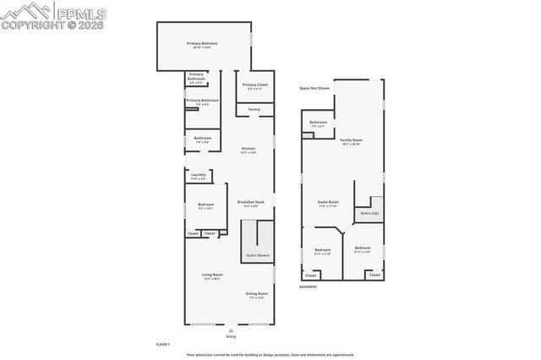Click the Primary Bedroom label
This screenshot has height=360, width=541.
[202, 42]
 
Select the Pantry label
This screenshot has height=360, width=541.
[254, 109]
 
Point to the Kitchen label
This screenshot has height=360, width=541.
[248, 149]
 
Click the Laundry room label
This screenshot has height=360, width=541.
[198, 175]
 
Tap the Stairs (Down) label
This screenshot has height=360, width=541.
[257, 254]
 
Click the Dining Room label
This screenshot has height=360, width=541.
[257, 293]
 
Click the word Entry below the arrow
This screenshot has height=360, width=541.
[231, 335]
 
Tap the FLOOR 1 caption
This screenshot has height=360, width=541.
[163, 345]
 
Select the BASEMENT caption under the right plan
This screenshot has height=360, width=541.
[309, 286]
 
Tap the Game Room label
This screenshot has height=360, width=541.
[328, 203]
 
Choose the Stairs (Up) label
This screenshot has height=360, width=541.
[369, 213]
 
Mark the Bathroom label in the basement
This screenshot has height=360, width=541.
[318, 123]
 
